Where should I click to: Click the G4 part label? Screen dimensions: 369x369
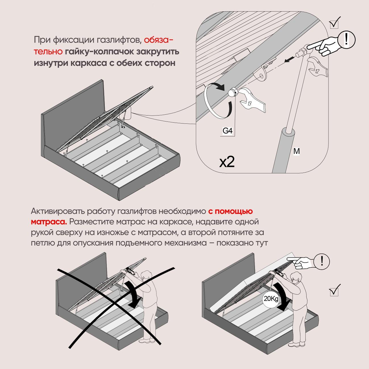tap(228, 131)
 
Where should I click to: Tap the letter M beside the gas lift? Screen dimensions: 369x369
tap(296, 152)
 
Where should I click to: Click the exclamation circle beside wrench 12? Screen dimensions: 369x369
tap(346, 39)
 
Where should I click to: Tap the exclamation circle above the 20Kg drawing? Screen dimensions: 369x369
tap(322, 261)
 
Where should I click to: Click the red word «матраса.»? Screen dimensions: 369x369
tap(49, 221)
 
